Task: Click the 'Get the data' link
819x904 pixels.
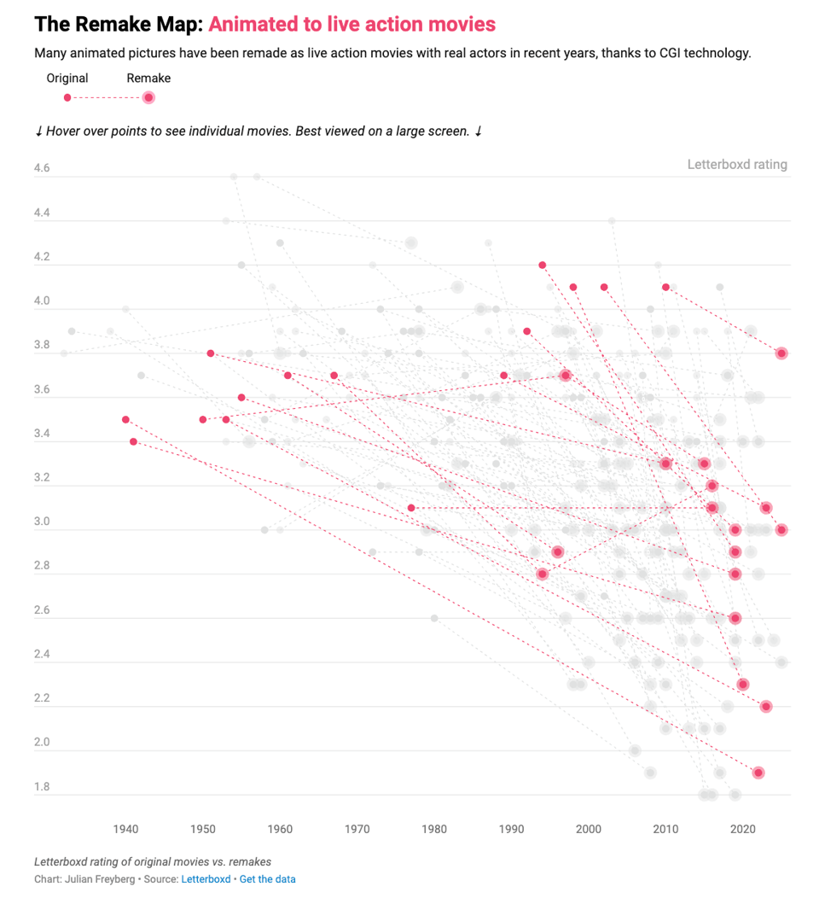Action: click(267, 879)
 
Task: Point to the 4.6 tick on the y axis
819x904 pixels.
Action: click(42, 169)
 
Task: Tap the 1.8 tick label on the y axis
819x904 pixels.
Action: click(42, 787)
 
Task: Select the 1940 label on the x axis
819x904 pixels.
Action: click(125, 828)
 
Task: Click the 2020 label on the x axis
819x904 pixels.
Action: click(743, 828)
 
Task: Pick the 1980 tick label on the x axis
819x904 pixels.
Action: click(434, 828)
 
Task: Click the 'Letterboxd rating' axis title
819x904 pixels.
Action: click(737, 165)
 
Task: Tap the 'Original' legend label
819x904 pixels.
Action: click(67, 79)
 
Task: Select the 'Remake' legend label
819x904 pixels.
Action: click(148, 79)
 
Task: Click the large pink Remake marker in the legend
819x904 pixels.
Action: click(148, 97)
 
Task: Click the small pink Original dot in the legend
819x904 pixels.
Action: click(67, 97)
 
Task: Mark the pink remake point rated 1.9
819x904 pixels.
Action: click(758, 773)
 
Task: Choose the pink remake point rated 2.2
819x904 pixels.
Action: click(766, 706)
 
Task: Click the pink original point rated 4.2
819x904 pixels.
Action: click(543, 265)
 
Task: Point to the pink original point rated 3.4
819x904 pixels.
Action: click(133, 441)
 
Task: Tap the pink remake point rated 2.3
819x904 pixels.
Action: click(743, 684)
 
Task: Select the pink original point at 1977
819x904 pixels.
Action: click(411, 508)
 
